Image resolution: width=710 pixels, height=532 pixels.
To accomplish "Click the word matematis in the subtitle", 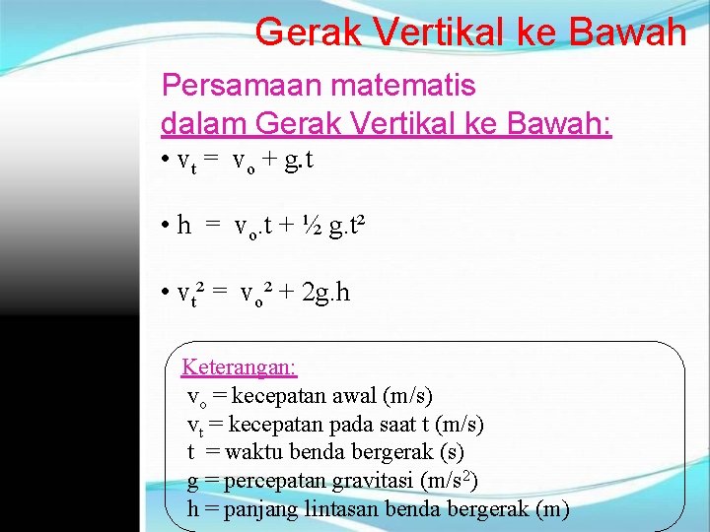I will [403, 86].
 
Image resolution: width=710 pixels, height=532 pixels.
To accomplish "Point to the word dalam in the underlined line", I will [203, 124].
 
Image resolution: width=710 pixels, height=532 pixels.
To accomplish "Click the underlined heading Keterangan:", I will [239, 367].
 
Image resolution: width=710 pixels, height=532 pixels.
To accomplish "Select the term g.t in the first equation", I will [298, 161].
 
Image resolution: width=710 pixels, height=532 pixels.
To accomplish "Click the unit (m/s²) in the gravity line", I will [449, 481].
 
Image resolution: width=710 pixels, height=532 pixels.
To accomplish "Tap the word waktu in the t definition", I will [253, 453].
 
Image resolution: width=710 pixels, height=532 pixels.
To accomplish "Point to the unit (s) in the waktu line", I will [452, 453].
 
